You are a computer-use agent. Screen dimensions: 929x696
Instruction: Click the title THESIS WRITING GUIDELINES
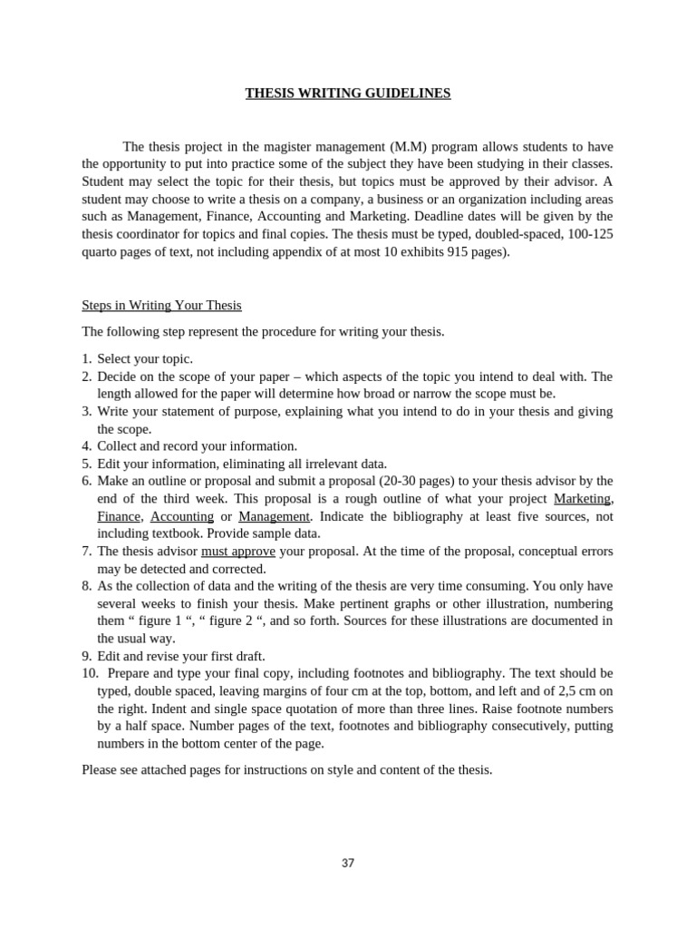click(x=348, y=93)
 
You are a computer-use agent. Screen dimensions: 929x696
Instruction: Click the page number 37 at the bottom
click(x=348, y=863)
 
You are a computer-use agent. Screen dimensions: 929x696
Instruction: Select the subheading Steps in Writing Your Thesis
click(x=161, y=306)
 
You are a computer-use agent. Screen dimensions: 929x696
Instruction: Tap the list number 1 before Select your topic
click(x=86, y=359)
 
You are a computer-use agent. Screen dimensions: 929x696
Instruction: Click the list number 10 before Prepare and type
click(x=89, y=673)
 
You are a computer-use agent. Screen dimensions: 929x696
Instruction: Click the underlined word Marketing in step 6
click(x=582, y=499)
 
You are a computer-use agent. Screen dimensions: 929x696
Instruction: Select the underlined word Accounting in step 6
click(x=181, y=516)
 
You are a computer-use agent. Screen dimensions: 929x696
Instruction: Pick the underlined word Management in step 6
click(x=274, y=516)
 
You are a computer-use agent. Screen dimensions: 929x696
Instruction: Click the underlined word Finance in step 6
click(x=118, y=516)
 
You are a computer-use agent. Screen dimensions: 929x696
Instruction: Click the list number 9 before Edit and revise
click(x=86, y=656)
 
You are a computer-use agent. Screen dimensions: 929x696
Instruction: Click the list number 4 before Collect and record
click(x=86, y=446)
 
